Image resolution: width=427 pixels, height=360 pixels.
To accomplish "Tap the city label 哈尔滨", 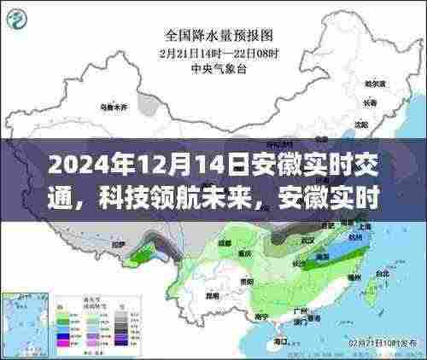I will click(x=373, y=85).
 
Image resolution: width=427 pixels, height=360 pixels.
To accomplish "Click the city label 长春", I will click(x=369, y=102).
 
